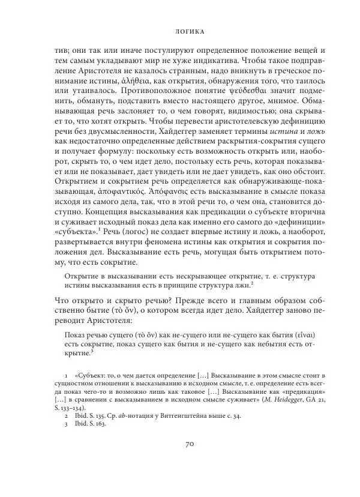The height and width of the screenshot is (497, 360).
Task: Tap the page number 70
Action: click(179, 460)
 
